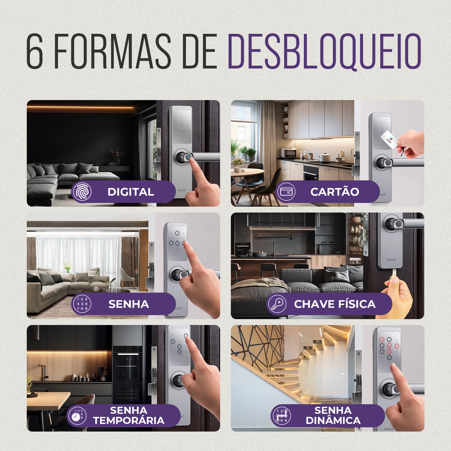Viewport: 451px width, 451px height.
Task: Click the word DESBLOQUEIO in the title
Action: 324,51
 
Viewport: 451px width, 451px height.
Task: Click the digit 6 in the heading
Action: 35,51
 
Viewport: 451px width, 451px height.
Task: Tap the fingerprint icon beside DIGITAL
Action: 82,192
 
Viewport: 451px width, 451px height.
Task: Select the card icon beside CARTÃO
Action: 286,192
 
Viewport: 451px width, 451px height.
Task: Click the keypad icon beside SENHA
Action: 82,304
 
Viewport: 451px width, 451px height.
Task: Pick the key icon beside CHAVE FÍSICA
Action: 277,304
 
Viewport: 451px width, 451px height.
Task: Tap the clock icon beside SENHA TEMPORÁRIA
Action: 77,416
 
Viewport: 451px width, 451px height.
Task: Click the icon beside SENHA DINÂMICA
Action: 281,416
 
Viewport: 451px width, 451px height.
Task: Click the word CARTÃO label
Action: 335,192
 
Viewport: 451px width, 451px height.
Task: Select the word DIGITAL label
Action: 131,192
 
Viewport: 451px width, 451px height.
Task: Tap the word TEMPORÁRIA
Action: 129,421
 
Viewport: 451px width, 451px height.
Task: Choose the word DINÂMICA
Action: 333,421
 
